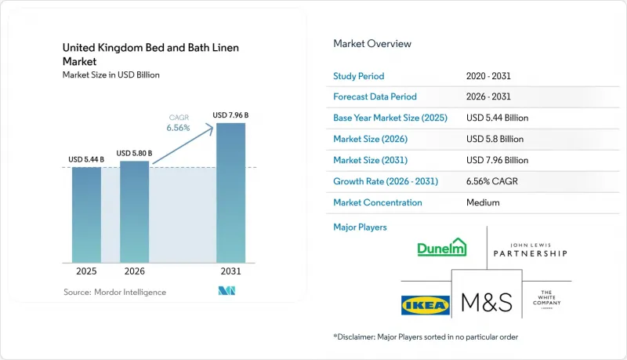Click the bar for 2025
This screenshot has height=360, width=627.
[86, 215]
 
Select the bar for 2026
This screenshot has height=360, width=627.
[134, 212]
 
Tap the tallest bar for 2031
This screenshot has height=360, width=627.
[230, 193]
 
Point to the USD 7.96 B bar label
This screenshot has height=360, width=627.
[230, 115]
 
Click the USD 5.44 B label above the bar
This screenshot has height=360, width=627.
[86, 159]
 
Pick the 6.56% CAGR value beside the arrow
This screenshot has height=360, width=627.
[179, 128]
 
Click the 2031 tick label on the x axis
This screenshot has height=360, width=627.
[230, 271]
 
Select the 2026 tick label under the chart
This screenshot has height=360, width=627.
[134, 271]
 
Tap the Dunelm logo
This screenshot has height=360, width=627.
[442, 247]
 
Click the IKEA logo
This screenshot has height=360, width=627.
[426, 306]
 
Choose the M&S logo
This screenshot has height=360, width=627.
[487, 302]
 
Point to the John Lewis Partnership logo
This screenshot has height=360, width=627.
[531, 250]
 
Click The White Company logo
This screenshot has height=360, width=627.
[546, 299]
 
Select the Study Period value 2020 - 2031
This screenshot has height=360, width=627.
[488, 76]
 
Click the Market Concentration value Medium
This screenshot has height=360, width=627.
[483, 202]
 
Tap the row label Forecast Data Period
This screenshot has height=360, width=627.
[375, 96]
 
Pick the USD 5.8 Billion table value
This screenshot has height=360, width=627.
[495, 139]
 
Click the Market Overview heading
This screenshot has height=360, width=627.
[372, 44]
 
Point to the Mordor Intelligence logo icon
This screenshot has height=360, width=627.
[227, 291]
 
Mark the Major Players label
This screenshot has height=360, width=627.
[360, 227]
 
